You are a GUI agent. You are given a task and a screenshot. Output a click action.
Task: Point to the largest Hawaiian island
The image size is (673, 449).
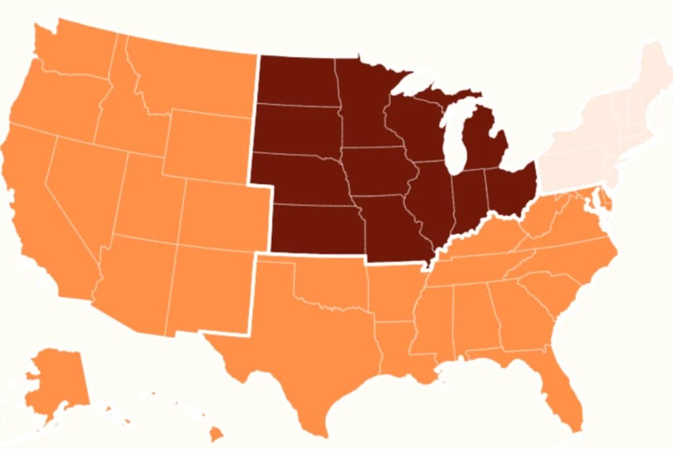[x=215, y=435]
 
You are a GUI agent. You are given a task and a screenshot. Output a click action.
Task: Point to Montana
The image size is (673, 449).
[x=197, y=79]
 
